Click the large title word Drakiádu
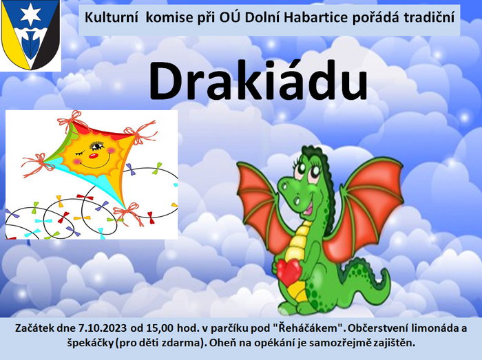tap(258, 81)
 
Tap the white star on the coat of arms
tap(30, 15)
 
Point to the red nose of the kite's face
tap(93, 156)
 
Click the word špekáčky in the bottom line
tap(90, 343)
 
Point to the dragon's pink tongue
tap(308, 209)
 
